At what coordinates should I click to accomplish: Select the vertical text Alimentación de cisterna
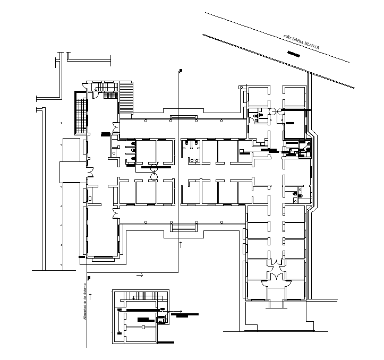click(85, 301)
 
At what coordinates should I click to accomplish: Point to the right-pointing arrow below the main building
click(140, 276)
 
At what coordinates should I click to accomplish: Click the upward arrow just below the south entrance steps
click(181, 244)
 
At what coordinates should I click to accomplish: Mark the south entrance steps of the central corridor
click(182, 228)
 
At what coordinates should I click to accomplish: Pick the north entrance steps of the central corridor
click(182, 117)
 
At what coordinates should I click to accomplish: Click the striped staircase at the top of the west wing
click(126, 97)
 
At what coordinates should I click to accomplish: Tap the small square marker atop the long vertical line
click(181, 71)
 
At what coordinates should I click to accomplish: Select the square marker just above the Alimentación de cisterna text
click(88, 278)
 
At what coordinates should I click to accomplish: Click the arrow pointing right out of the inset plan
click(179, 311)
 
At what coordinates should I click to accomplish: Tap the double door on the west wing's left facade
click(91, 173)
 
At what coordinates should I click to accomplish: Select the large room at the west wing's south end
click(102, 232)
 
